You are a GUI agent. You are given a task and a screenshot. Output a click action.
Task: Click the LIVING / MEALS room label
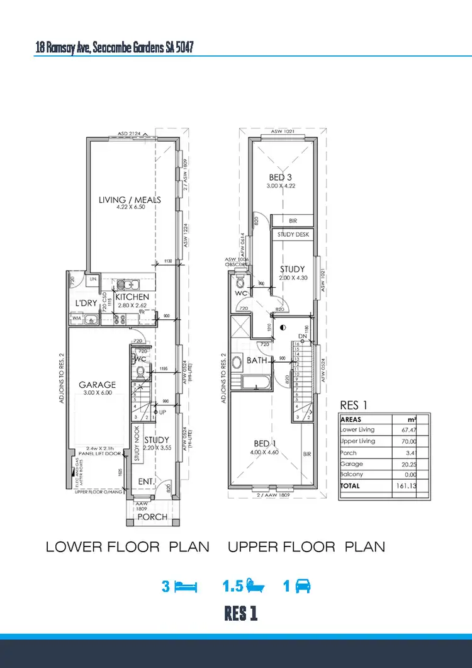(x=130, y=200)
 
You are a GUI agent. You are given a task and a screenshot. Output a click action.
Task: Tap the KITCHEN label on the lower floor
(x=132, y=297)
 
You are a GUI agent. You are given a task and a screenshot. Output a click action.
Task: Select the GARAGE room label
(x=97, y=385)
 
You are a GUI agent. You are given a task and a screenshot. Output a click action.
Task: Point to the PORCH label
(x=152, y=517)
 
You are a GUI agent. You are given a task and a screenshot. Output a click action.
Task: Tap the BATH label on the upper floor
(x=257, y=361)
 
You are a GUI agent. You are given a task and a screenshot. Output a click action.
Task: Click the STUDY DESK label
(x=293, y=234)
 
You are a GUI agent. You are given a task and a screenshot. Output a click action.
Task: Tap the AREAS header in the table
(x=351, y=419)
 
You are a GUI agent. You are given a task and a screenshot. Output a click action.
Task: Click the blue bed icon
(x=186, y=587)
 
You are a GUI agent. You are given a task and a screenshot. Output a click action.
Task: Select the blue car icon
(x=301, y=587)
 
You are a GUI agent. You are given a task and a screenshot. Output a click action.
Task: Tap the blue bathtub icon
(x=256, y=587)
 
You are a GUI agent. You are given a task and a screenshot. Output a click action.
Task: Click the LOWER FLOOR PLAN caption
(x=128, y=547)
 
